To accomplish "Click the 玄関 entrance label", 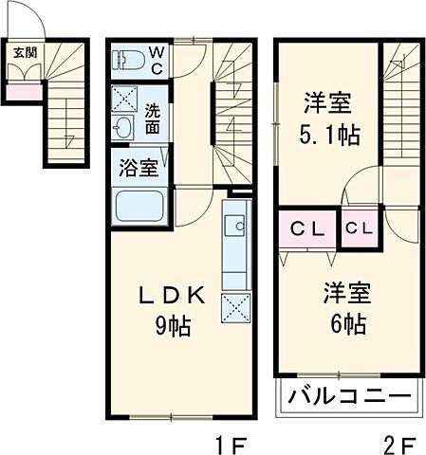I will [21, 52].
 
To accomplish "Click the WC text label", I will [156, 59].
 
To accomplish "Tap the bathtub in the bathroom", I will [139, 208].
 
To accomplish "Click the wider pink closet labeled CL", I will [308, 228].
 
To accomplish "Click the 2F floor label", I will [400, 441].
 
